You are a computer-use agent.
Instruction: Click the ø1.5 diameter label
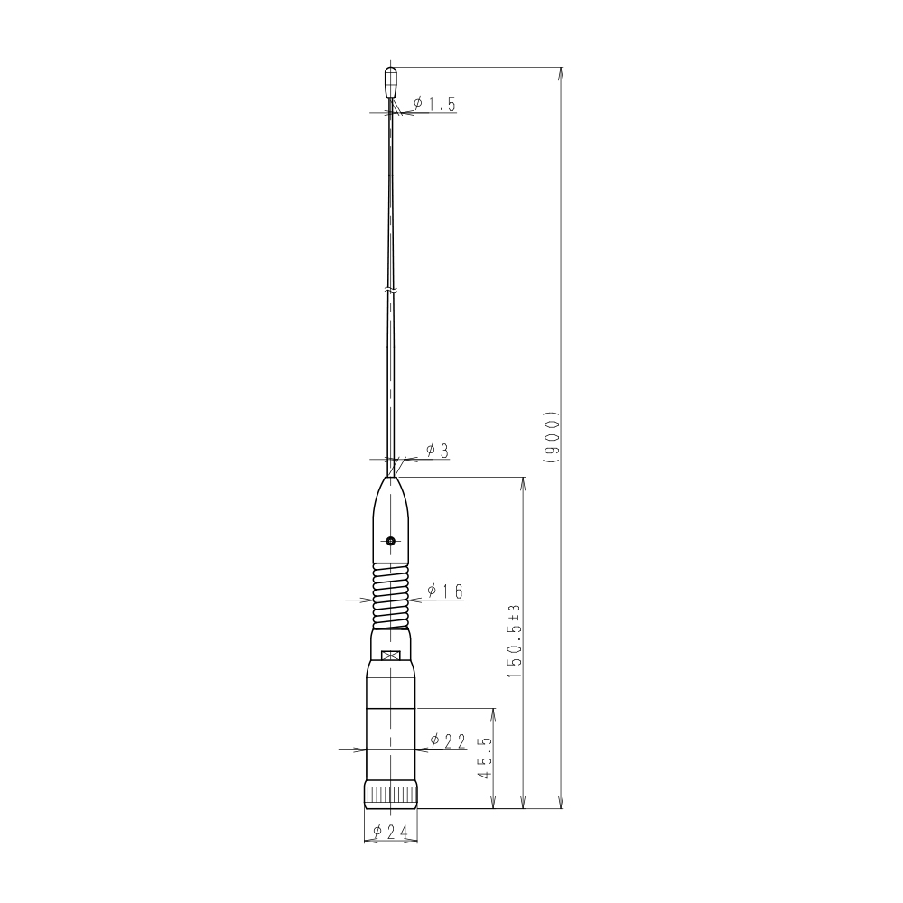click(434, 104)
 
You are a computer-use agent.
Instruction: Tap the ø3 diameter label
click(437, 451)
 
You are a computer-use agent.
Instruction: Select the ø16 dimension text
click(445, 591)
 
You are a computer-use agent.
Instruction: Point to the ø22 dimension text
click(448, 741)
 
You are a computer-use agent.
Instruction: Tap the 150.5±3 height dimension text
click(514, 641)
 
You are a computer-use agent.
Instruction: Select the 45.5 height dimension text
click(485, 758)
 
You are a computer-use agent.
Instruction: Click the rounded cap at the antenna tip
click(390, 82)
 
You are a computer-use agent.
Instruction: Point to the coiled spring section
click(391, 596)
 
